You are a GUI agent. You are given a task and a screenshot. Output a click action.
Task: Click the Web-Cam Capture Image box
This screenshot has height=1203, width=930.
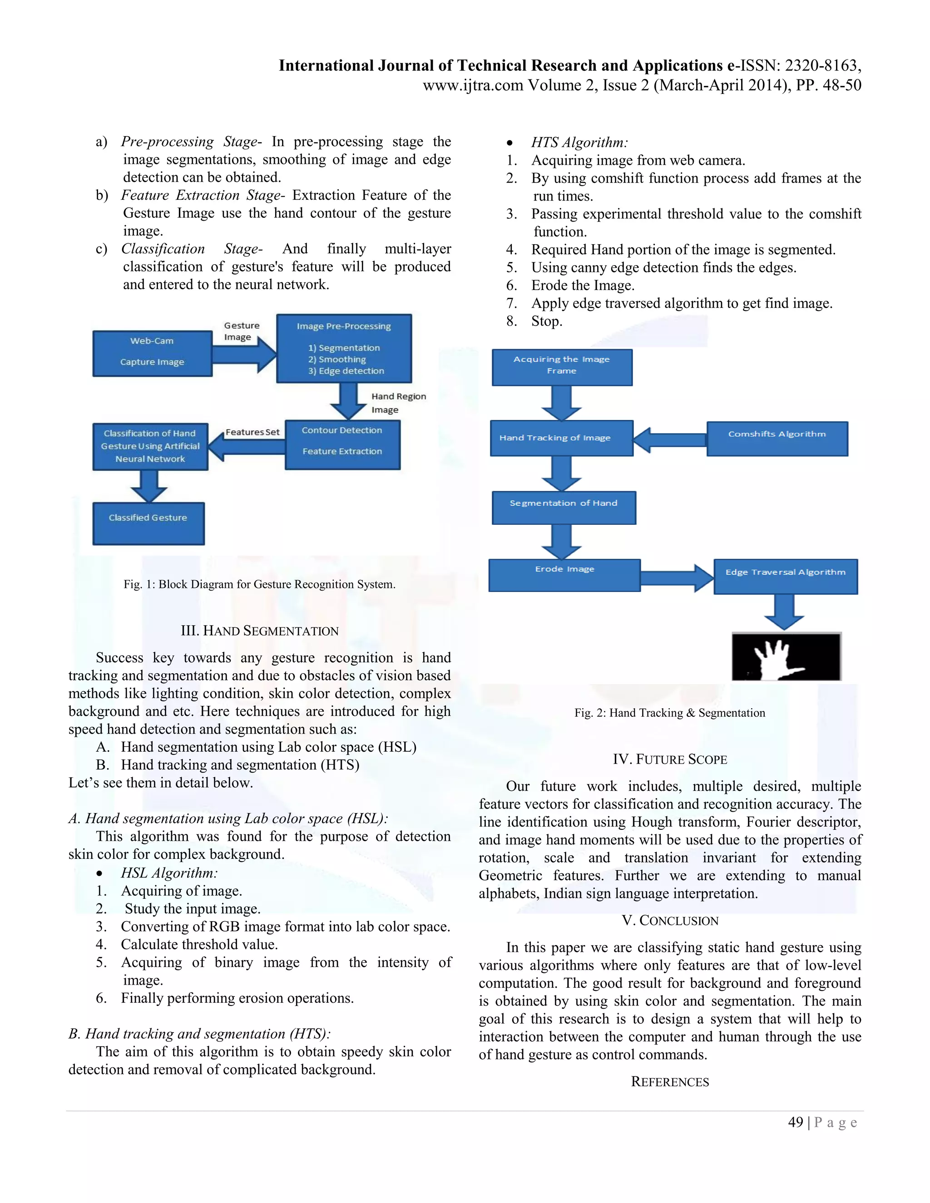click(152, 353)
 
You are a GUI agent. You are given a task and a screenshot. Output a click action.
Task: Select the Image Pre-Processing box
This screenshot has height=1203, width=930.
click(344, 348)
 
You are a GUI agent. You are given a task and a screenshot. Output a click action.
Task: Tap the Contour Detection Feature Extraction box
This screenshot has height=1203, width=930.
click(342, 444)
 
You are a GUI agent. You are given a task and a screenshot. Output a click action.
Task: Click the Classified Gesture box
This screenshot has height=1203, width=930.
click(148, 523)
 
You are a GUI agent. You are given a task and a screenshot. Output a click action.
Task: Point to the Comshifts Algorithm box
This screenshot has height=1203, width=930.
click(777, 439)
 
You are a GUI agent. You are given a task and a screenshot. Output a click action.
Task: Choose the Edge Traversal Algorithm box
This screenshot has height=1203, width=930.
click(785, 576)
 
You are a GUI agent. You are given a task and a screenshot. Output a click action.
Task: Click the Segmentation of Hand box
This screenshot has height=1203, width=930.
click(564, 508)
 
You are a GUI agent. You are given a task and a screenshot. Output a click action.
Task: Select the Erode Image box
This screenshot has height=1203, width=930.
click(564, 575)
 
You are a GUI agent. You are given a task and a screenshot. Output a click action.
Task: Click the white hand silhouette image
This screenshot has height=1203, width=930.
click(786, 656)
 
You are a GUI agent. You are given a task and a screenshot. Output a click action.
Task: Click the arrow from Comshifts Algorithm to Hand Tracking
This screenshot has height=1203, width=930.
click(669, 439)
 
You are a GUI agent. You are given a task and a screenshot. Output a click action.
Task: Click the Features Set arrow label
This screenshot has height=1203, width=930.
click(252, 432)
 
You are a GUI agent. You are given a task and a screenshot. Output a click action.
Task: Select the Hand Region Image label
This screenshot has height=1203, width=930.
click(398, 403)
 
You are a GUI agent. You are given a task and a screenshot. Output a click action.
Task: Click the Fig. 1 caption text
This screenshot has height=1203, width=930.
click(259, 584)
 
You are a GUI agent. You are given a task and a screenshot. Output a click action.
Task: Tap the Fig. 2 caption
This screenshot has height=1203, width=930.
click(669, 713)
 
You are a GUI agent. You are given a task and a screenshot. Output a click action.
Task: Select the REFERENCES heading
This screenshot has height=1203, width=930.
click(669, 1082)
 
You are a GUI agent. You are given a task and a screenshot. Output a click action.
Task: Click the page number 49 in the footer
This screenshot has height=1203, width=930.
click(796, 1122)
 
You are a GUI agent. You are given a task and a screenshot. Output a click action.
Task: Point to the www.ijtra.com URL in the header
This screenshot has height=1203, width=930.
click(472, 85)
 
